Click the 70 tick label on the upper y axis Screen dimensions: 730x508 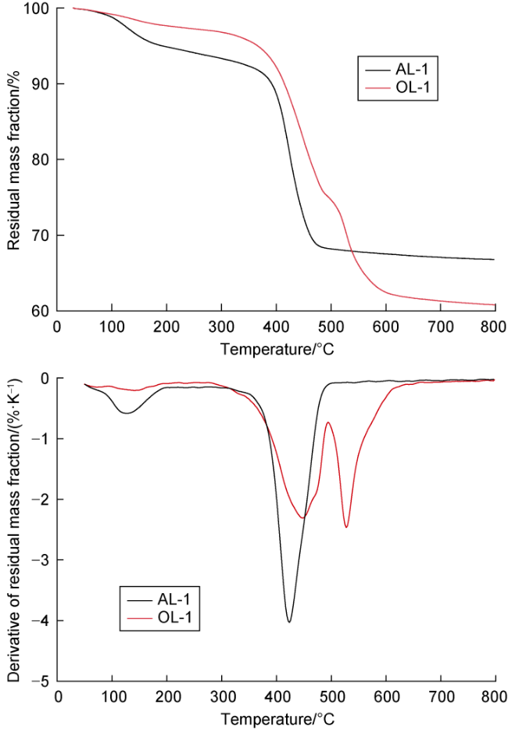click(x=41, y=236)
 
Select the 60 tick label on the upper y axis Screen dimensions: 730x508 click(x=41, y=311)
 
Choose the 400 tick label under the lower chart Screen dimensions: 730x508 click(x=277, y=697)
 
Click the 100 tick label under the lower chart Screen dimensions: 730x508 click(x=113, y=697)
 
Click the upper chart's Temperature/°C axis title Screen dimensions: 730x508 click(x=277, y=348)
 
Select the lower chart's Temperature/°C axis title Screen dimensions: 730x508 click(x=277, y=718)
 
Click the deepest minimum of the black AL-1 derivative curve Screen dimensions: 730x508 click(x=289, y=622)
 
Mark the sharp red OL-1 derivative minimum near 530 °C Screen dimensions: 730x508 click(x=346, y=527)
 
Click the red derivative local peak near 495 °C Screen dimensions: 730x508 click(x=328, y=423)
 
